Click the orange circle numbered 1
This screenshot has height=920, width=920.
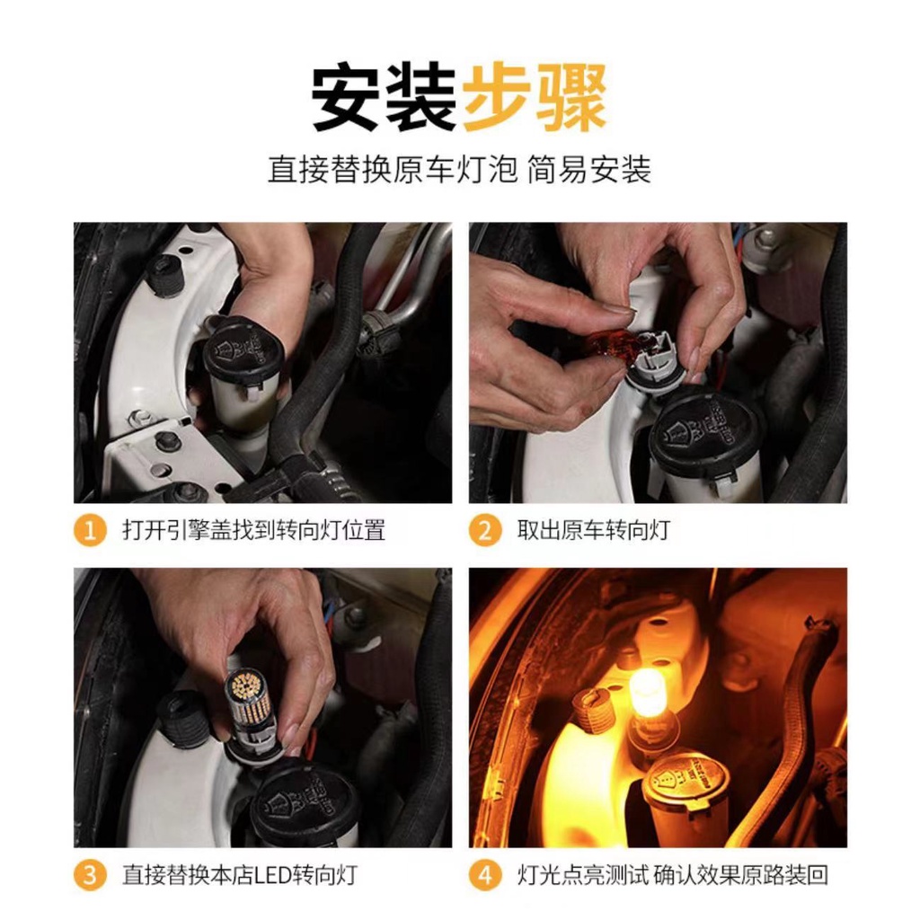point(90,530)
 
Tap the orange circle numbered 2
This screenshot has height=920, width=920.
point(484,530)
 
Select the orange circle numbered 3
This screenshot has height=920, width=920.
point(90,875)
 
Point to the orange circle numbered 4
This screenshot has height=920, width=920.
point(484,875)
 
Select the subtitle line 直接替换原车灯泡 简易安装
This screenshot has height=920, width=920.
point(459,170)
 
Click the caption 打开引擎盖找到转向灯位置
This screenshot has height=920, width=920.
point(254,530)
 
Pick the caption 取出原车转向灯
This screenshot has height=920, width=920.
point(593,530)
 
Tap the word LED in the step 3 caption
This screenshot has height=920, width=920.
point(272,875)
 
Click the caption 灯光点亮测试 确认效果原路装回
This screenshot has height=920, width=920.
point(672,875)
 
